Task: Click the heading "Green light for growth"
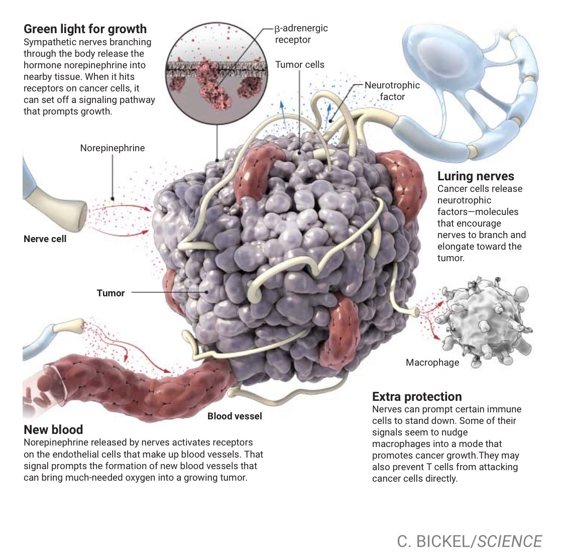[x=85, y=29]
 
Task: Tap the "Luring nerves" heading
[x=476, y=176]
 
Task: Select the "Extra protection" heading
[x=417, y=396]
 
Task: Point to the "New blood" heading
[x=53, y=429]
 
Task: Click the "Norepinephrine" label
[x=112, y=148]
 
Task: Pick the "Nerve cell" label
[x=45, y=239]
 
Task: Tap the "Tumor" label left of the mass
[x=110, y=293]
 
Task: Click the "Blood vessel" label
[x=235, y=416]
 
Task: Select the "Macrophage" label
[x=432, y=362]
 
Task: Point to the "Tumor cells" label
[x=300, y=65]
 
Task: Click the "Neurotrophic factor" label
[x=392, y=91]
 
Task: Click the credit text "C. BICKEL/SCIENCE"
[x=469, y=541]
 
